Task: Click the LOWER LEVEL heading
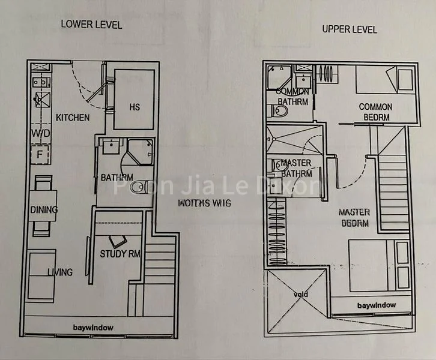tap(91, 25)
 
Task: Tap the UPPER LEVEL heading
tap(350, 29)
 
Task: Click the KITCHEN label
tap(73, 118)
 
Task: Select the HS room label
tap(135, 107)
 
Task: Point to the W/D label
tap(40, 133)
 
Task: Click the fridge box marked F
tap(40, 154)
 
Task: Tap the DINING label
tap(44, 209)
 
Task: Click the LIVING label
tap(59, 272)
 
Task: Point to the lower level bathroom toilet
tap(138, 187)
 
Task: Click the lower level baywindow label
tap(93, 327)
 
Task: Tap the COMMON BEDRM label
tap(375, 111)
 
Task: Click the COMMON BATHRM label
tap(292, 97)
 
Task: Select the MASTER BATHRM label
tap(297, 168)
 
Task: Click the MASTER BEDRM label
tap(354, 217)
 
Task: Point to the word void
tap(300, 295)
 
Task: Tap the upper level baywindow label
tap(377, 305)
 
